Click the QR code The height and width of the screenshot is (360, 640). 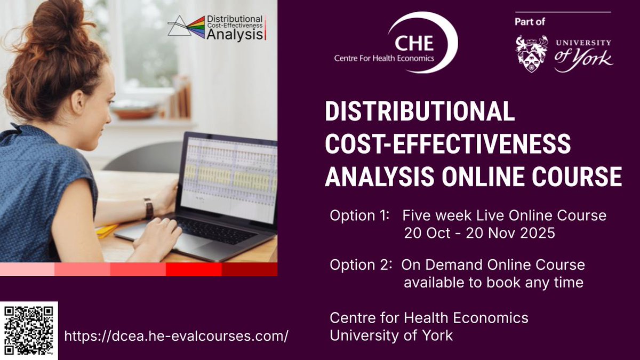click(x=29, y=330)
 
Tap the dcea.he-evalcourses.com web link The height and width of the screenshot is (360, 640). click(x=176, y=337)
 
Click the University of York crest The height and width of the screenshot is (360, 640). click(x=532, y=54)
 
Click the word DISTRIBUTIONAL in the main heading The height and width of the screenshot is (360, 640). click(x=420, y=112)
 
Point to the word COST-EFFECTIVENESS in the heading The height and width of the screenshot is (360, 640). click(x=448, y=145)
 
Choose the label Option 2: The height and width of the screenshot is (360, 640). click(x=359, y=265)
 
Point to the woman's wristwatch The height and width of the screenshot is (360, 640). click(x=148, y=207)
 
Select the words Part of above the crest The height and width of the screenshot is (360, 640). click(x=532, y=22)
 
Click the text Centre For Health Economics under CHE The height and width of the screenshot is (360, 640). click(x=384, y=58)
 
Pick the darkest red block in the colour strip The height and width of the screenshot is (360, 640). click(x=249, y=270)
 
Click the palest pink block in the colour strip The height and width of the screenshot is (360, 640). click(x=27, y=270)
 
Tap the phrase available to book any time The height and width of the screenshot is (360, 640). click(x=493, y=282)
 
